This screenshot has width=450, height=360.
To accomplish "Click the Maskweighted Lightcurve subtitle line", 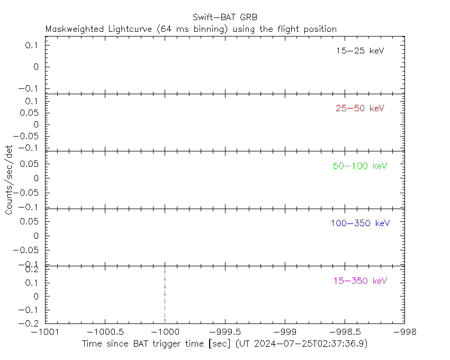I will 191,29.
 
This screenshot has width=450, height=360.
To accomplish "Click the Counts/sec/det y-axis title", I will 9,179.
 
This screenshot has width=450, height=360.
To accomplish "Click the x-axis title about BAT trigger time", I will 224,344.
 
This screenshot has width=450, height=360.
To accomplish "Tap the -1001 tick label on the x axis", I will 46,332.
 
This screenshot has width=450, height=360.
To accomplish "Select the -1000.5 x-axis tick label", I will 105,332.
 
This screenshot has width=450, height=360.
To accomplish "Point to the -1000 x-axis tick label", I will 165,332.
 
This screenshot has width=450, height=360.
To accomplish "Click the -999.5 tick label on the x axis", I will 225,332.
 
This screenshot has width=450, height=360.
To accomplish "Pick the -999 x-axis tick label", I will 285,332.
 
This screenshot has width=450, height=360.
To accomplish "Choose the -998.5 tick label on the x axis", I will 345,332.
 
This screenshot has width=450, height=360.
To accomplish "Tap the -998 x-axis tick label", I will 404,332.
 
